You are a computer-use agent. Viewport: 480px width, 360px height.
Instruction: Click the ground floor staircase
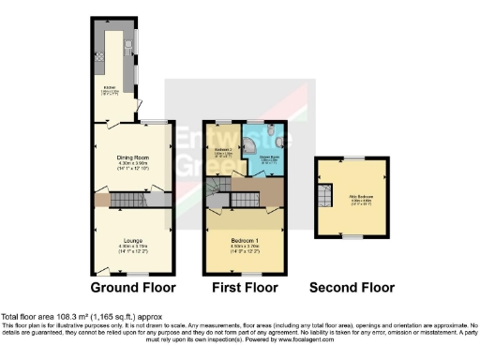point(127,199)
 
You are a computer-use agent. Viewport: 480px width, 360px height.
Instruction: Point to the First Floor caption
point(243,287)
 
